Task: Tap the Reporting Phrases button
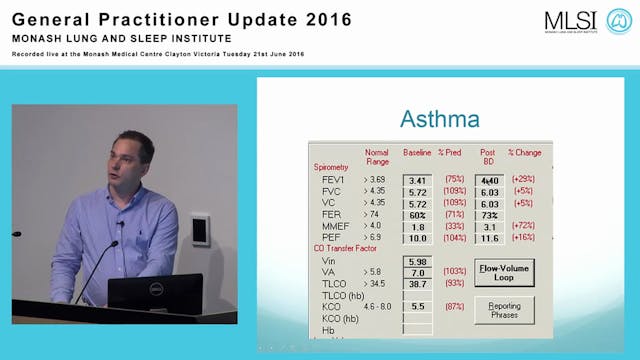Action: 503,309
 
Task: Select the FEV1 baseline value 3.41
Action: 417,181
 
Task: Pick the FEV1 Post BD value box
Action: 489,181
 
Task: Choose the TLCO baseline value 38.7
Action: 417,285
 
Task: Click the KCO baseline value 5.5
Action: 417,308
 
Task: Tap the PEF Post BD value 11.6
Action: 489,238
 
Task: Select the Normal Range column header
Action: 377,156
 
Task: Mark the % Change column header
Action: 524,152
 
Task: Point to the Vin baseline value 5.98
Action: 417,262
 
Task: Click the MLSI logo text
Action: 570,21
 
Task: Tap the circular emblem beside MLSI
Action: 618,21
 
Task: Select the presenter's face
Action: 133,161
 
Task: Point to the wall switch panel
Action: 200,230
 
